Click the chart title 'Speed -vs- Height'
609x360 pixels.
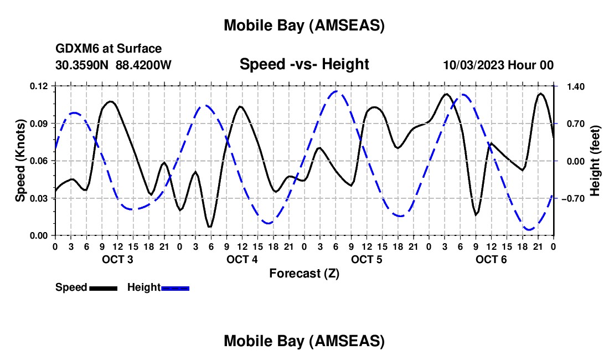(304, 64)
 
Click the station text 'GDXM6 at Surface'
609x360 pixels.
(109, 49)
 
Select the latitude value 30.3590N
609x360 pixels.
(82, 65)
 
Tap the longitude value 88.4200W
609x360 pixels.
(143, 65)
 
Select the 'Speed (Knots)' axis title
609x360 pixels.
(20, 161)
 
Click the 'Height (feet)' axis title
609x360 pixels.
(595, 161)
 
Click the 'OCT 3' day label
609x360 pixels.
(117, 260)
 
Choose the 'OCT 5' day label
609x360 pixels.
(367, 260)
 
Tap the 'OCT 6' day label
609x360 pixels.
(492, 260)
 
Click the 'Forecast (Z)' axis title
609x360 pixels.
(304, 273)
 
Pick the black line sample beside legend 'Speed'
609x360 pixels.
(104, 288)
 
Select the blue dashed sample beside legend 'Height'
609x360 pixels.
(176, 288)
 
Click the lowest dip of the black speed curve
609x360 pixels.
(210, 227)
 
